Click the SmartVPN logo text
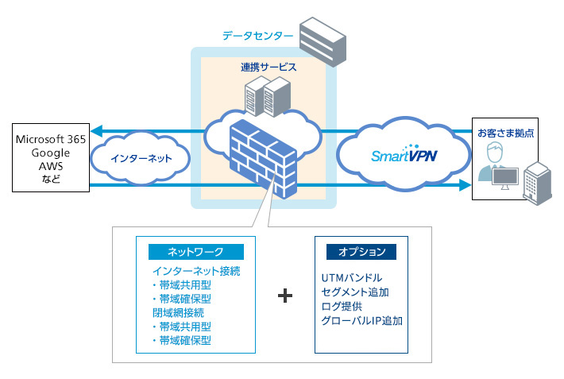[x=404, y=155]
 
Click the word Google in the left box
[x=51, y=153]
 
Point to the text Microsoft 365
[x=51, y=140]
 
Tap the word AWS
[x=51, y=165]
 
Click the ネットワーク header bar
[x=195, y=252]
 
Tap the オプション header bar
[x=361, y=252]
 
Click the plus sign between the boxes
[x=285, y=296]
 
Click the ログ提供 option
[x=342, y=307]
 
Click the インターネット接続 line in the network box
[x=195, y=272]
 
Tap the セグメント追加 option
[x=356, y=292]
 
